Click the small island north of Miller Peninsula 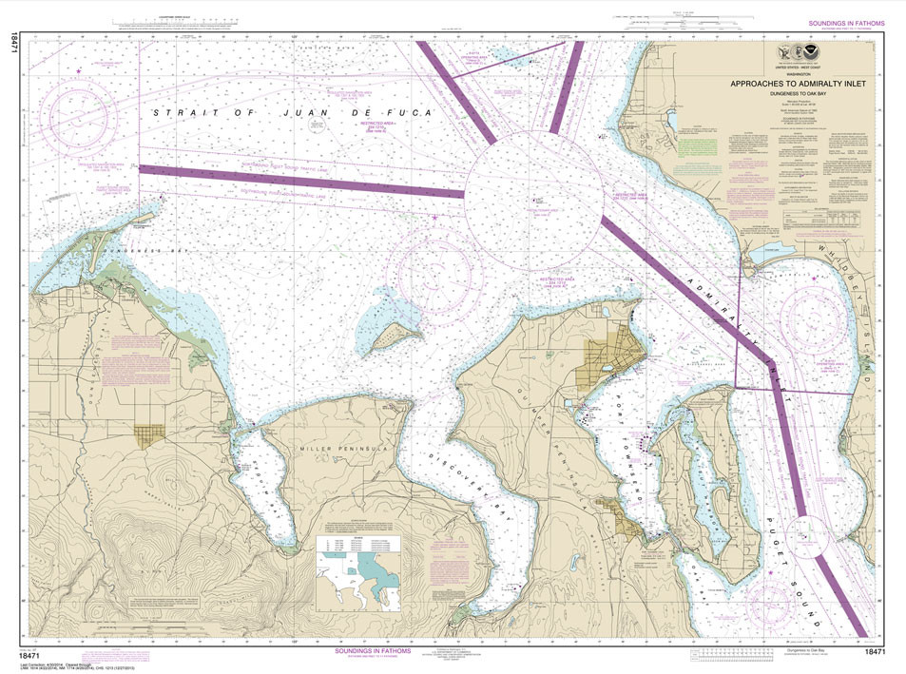(395, 334)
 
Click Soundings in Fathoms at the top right (845, 23)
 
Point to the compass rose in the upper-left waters (83, 114)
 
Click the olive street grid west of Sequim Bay (148, 434)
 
